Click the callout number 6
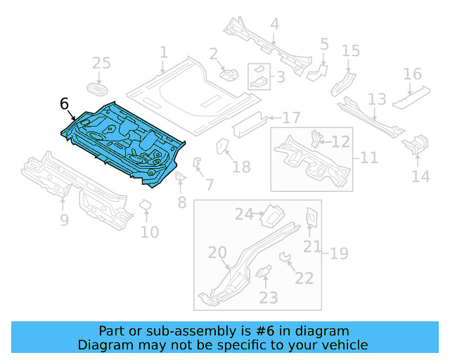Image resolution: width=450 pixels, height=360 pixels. click(65, 104)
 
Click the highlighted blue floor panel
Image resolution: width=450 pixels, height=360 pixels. click(123, 141)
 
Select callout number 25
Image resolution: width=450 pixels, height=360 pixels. click(102, 63)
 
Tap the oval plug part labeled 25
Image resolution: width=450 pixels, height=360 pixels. click(97, 89)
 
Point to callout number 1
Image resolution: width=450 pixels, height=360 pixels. click(164, 53)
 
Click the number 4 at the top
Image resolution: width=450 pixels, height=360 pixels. click(274, 24)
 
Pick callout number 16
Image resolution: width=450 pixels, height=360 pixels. click(413, 75)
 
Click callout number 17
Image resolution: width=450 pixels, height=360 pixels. click(291, 117)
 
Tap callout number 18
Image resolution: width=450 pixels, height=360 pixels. click(241, 167)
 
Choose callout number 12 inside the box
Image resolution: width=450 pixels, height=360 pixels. click(340, 142)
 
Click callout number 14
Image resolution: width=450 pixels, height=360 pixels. click(420, 176)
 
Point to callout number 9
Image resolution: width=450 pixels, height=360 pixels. click(64, 221)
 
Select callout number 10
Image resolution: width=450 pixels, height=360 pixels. click(150, 231)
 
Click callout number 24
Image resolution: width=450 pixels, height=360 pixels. click(243, 214)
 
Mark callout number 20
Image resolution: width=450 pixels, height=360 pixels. click(217, 253)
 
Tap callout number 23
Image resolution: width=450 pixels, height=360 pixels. click(269, 297)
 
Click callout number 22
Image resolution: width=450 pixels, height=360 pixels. click(304, 278)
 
